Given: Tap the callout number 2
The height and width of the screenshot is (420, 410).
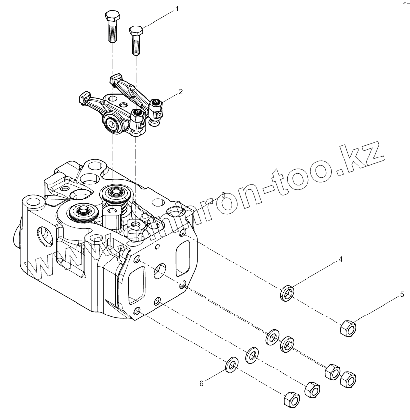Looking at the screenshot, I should point(181,92).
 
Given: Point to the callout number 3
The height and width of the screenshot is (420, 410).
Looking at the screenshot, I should point(223,195).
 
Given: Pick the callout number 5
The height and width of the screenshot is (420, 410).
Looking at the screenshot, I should point(402,294).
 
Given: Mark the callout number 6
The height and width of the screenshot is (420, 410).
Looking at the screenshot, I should point(201,384).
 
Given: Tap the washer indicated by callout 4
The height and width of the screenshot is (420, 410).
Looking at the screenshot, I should point(287,292).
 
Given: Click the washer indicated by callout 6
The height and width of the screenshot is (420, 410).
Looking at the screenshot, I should point(231,365).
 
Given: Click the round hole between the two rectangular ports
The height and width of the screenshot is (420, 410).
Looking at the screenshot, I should point(160,269).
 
